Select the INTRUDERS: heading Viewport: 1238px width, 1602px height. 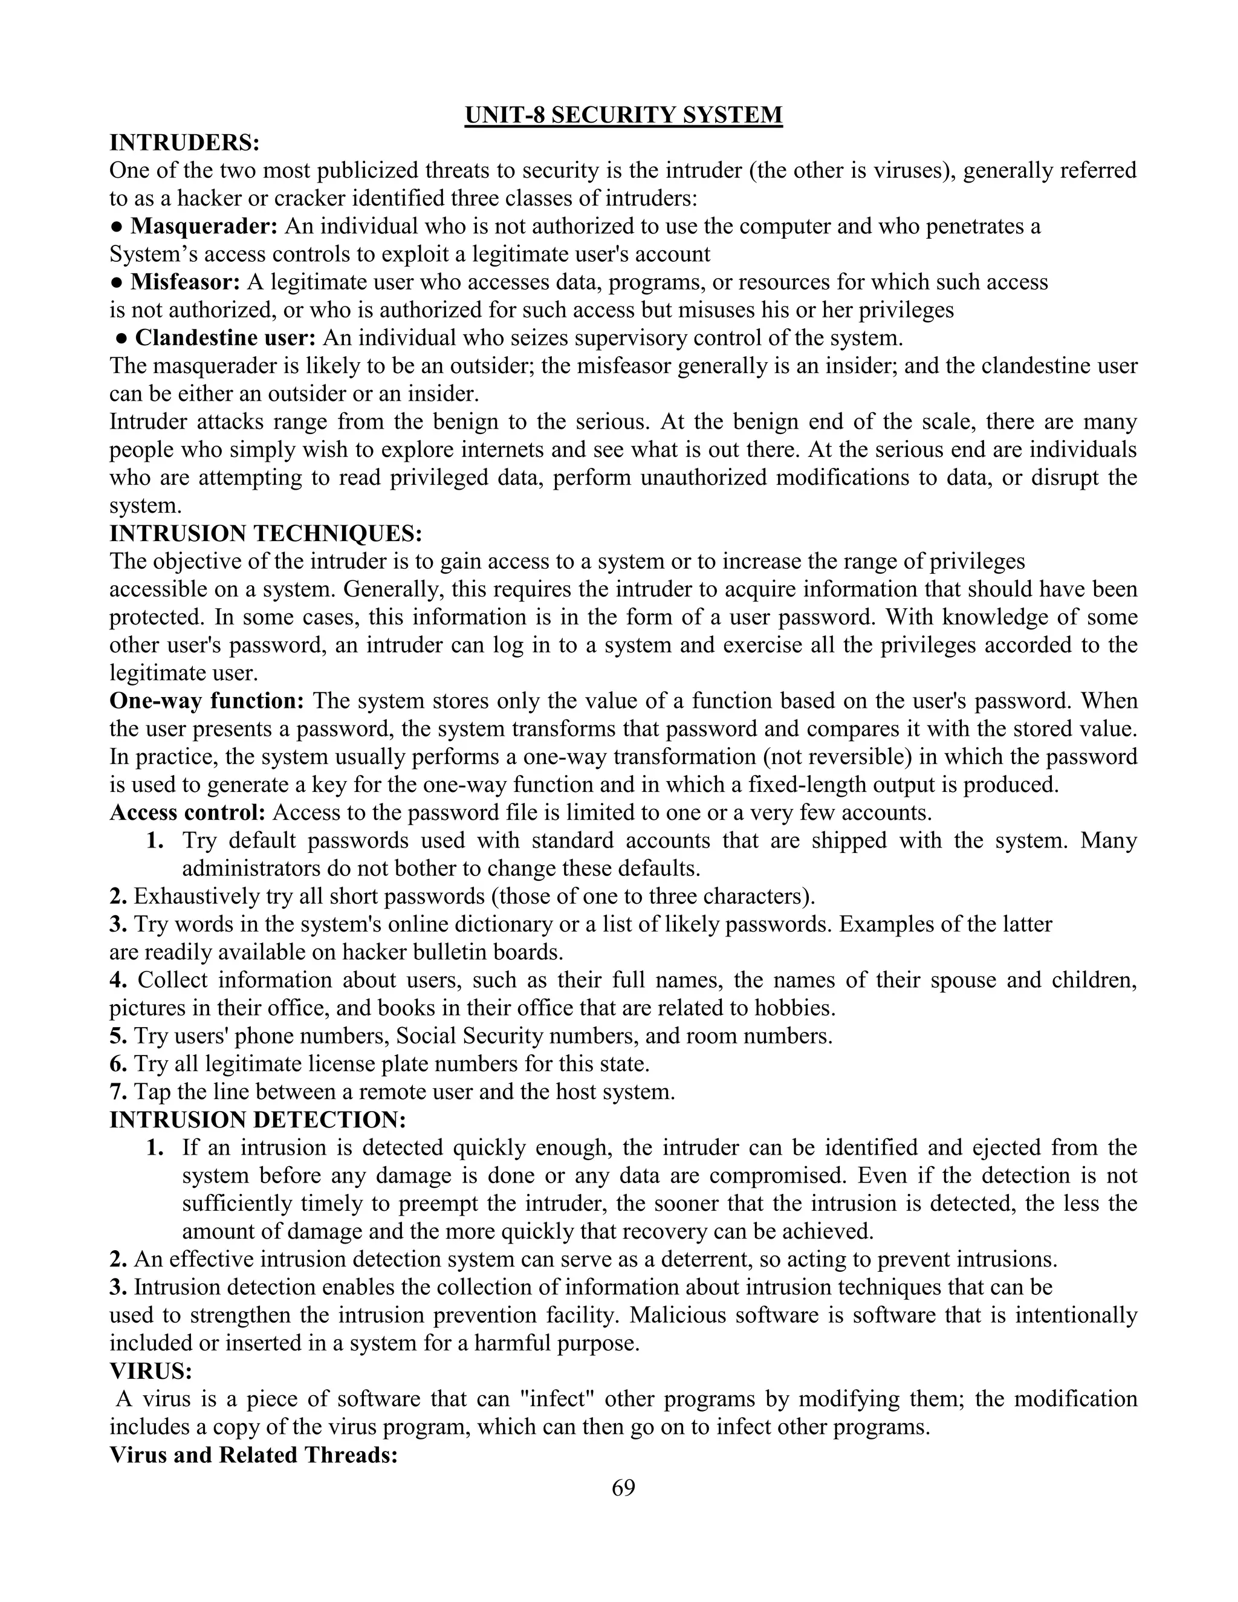[185, 142]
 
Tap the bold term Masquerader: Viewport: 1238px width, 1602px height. [204, 226]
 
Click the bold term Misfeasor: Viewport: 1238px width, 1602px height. [186, 282]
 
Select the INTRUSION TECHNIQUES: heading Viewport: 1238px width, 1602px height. [265, 533]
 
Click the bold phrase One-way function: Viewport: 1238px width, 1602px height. [207, 701]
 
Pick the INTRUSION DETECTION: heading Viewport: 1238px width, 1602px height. [258, 1120]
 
